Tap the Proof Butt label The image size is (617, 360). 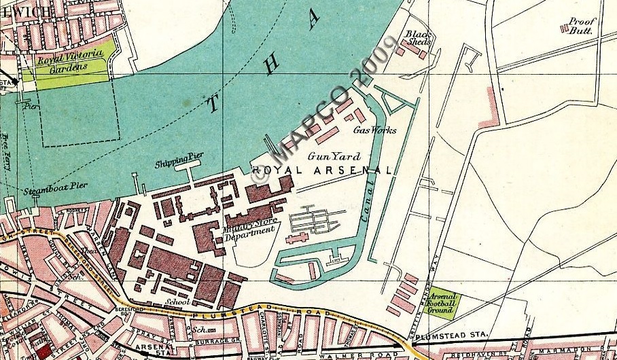(582, 26)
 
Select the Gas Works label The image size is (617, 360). (374, 130)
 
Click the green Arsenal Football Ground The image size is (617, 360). (442, 304)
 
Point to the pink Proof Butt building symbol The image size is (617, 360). (564, 27)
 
